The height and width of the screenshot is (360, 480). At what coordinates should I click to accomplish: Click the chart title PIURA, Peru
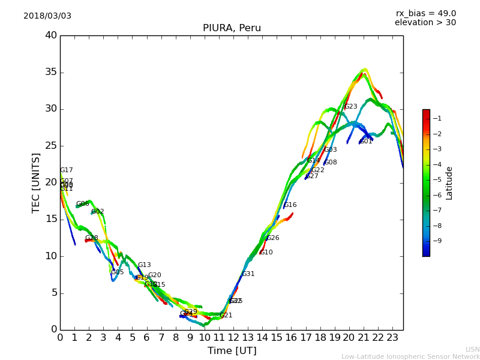click(232, 28)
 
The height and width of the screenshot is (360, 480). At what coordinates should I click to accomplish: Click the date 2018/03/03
click(47, 16)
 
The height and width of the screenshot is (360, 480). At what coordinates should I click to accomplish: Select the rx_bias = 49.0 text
click(425, 14)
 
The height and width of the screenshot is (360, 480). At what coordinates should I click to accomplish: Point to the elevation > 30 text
click(425, 23)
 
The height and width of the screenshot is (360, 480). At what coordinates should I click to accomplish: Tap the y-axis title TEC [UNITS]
click(36, 182)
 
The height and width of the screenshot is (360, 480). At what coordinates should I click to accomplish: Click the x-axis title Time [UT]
click(232, 351)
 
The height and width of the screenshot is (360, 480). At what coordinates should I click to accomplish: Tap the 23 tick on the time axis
click(392, 337)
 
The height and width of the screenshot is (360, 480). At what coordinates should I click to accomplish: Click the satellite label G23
click(350, 107)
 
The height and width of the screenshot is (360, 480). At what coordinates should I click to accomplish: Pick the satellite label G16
click(290, 205)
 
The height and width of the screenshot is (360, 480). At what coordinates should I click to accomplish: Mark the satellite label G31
click(248, 274)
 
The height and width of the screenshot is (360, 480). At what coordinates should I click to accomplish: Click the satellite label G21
click(226, 316)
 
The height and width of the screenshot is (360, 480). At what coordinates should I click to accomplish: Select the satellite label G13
click(145, 265)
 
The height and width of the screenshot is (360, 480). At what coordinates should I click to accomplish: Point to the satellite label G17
click(67, 170)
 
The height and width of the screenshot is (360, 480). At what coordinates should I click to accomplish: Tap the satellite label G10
click(266, 253)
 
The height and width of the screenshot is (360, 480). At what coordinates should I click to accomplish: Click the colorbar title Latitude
click(449, 183)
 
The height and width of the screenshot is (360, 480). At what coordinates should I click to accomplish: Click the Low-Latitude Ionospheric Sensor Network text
click(410, 357)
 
